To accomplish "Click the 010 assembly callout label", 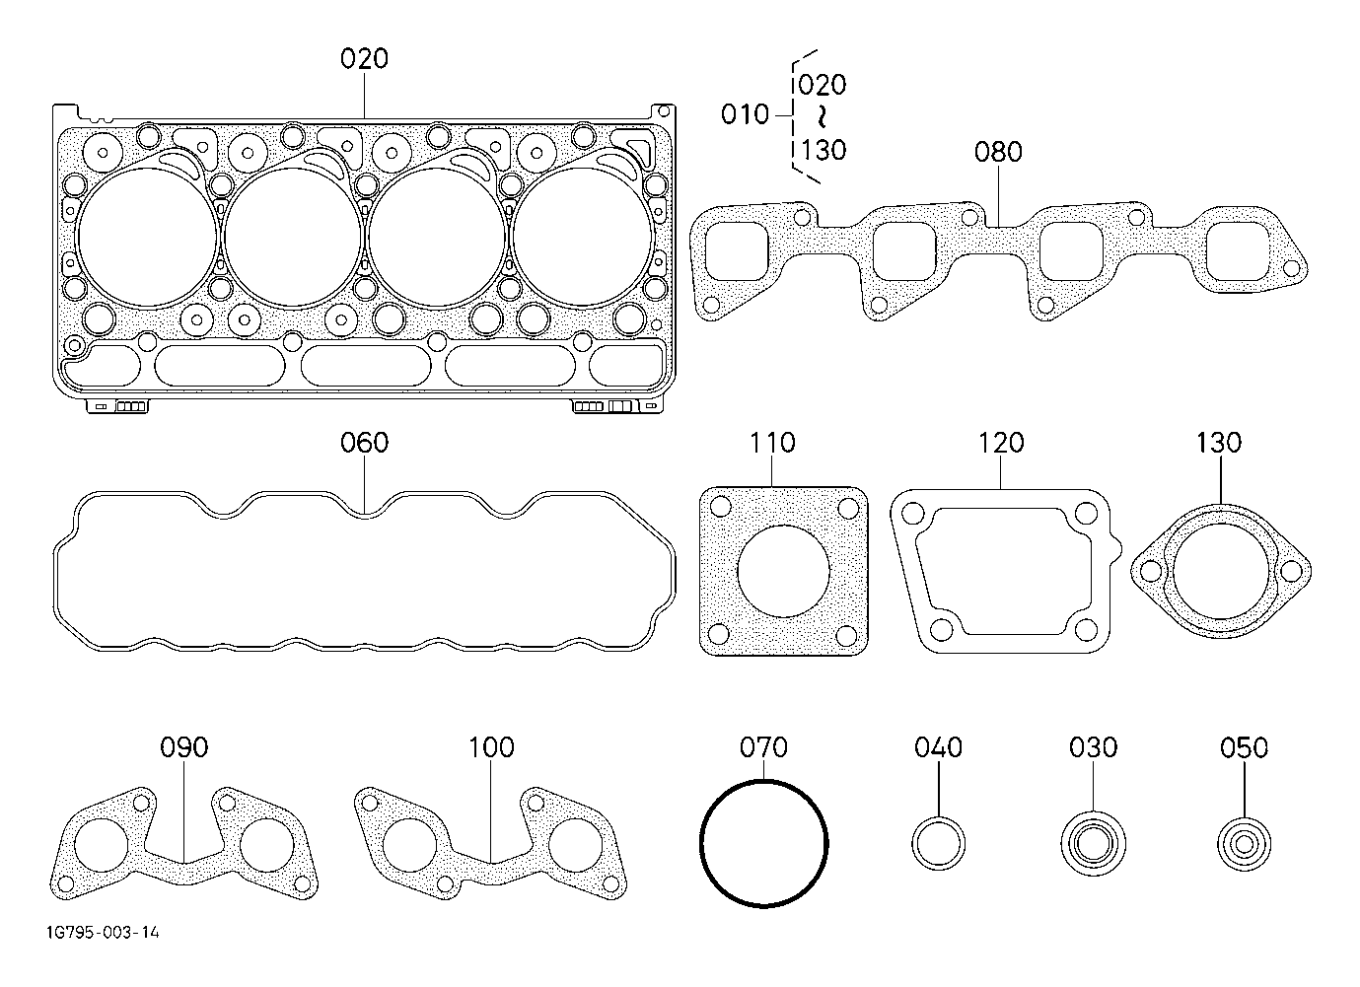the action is click(x=745, y=114).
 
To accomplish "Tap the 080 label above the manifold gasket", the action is click(x=998, y=152).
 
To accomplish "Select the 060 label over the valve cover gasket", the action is click(x=364, y=443).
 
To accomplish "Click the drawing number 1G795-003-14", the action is click(x=104, y=933).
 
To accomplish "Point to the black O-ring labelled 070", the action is click(x=763, y=844).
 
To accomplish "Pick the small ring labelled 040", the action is click(x=939, y=844).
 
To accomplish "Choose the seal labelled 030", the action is click(x=1094, y=844).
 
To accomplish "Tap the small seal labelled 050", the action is click(x=1244, y=844).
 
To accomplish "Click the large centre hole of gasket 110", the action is click(x=783, y=571).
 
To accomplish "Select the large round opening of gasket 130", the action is click(x=1220, y=572).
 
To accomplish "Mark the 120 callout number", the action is click(x=1001, y=443).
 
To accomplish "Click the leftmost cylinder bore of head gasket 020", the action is click(x=148, y=237).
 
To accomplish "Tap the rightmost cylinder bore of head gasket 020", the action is click(x=582, y=237).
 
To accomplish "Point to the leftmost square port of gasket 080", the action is click(x=737, y=251).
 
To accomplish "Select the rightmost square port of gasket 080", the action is click(x=1238, y=251).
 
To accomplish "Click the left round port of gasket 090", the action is click(x=102, y=846).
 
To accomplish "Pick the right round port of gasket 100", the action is click(x=576, y=846).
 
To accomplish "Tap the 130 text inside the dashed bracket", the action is click(x=823, y=150).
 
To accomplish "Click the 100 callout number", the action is click(x=491, y=747).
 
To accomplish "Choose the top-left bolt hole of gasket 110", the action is click(x=720, y=507).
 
